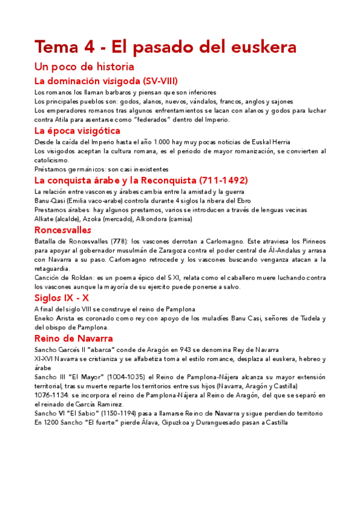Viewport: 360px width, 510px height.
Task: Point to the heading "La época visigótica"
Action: pos(78,130)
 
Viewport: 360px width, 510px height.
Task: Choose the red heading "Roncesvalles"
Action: pos(63,230)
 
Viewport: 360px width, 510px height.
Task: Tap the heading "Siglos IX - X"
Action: pos(62,297)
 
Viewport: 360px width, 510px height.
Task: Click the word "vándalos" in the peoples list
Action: pos(201,102)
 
